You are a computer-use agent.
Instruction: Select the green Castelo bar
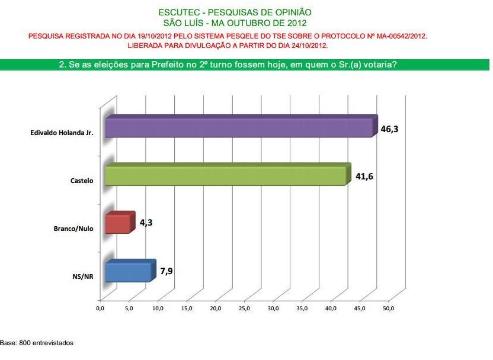point(225,176)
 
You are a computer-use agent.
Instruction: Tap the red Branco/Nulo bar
point(117,224)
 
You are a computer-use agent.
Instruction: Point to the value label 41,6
point(363,176)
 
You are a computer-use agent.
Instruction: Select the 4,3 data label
point(147,223)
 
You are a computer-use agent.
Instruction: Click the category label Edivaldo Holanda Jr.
point(62,133)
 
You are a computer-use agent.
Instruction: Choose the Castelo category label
point(82,181)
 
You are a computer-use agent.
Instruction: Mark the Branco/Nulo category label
point(73,229)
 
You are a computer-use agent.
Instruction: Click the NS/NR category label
point(84,277)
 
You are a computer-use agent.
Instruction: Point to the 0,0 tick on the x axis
point(100,308)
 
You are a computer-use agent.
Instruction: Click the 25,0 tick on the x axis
point(244,308)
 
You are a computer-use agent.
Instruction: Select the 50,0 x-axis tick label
point(389,308)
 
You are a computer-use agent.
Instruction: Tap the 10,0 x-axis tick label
point(158,308)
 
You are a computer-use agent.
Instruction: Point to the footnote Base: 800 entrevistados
point(37,343)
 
